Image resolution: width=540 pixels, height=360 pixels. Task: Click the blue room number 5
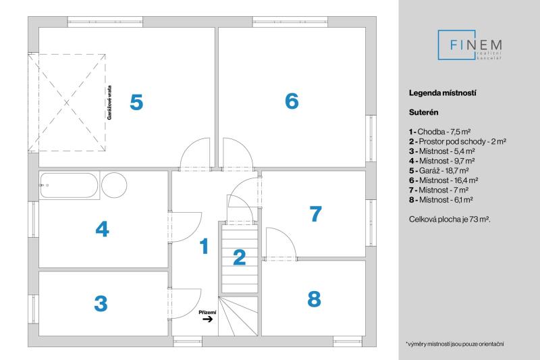click(x=136, y=103)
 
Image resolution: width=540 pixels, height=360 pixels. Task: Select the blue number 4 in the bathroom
click(x=102, y=230)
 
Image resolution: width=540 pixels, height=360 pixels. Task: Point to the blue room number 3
click(x=101, y=304)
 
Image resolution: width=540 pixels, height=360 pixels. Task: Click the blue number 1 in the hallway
click(x=203, y=247)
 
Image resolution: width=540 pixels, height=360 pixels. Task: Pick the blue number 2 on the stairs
click(x=239, y=257)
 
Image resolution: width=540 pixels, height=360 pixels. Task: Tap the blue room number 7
click(x=315, y=214)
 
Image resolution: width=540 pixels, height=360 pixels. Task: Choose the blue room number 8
click(x=314, y=299)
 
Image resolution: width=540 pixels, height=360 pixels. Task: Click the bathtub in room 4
click(x=70, y=185)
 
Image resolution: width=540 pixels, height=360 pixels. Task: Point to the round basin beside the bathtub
click(x=113, y=184)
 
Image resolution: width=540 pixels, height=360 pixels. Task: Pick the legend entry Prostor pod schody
click(x=457, y=142)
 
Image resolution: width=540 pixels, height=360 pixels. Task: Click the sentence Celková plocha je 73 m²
click(x=449, y=220)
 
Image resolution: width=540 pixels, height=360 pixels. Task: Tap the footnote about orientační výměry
click(x=455, y=344)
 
